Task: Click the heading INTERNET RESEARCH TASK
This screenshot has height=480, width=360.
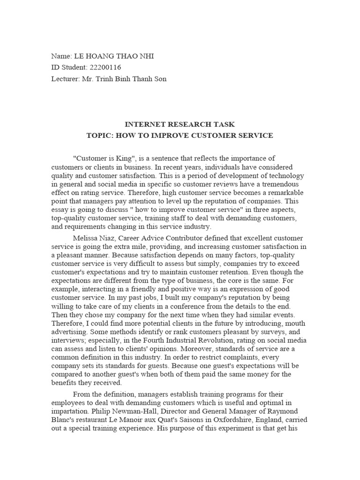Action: click(x=180, y=124)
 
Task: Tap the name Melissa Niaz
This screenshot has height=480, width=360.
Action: click(x=91, y=239)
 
